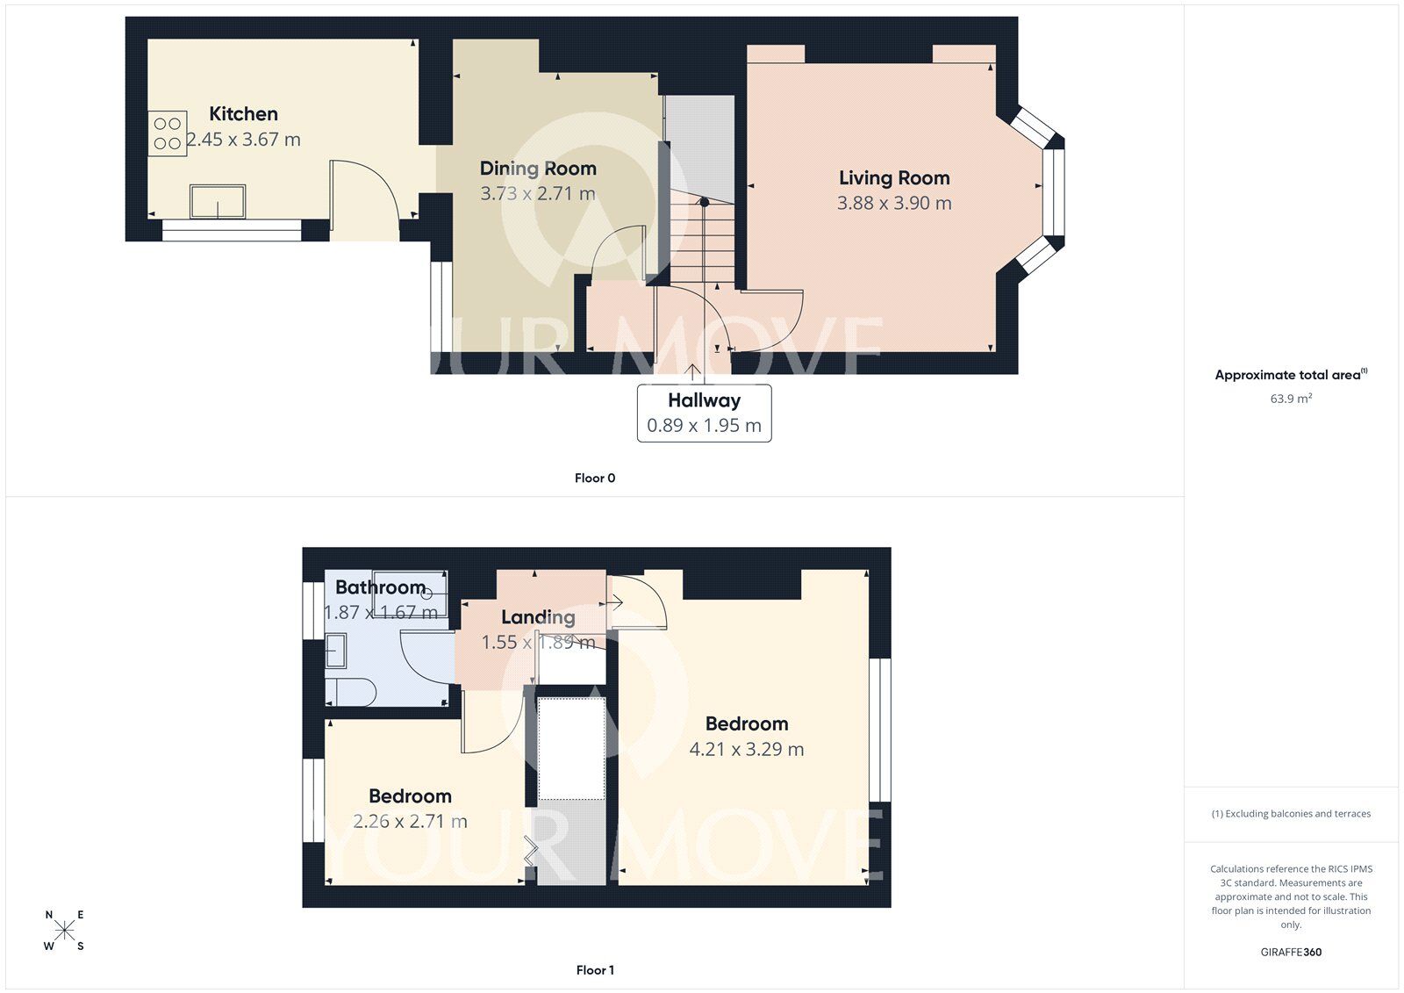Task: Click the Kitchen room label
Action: coord(243,114)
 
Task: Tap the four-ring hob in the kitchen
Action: coord(167,133)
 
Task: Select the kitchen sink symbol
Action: coord(218,201)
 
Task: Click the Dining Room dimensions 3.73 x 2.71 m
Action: coord(537,193)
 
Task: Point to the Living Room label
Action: coord(893,178)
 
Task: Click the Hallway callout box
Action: coord(704,413)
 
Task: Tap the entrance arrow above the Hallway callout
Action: coord(693,373)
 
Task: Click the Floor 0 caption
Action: coord(594,479)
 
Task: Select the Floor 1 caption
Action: coord(594,970)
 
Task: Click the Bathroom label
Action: coord(380,587)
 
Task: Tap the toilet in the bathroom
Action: coord(351,692)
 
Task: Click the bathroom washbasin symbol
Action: coord(336,651)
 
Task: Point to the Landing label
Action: coord(538,617)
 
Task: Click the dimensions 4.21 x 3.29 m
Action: coord(746,749)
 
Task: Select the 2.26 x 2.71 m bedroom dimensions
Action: coord(410,822)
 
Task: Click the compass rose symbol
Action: coord(64,931)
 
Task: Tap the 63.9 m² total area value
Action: coord(1291,399)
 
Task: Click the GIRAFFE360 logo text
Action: coord(1291,952)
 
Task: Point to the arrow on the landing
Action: coord(613,602)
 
